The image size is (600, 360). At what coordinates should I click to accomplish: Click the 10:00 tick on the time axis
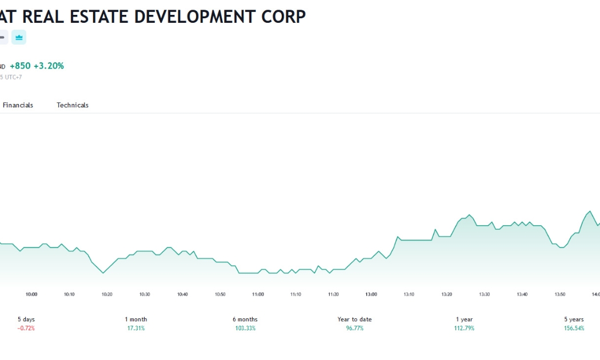[x=31, y=294]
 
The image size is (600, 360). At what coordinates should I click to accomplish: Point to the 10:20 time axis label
[x=107, y=294]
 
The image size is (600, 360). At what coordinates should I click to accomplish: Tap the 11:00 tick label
[x=258, y=294]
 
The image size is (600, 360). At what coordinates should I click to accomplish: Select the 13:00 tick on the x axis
[x=371, y=294]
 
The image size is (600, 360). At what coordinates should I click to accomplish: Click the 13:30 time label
[x=485, y=294]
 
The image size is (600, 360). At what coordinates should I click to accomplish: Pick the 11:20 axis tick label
[x=333, y=294]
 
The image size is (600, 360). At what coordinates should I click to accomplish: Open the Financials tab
[x=18, y=105]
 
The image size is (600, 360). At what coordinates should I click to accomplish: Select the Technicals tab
[x=73, y=105]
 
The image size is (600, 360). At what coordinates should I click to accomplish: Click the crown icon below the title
[x=19, y=37]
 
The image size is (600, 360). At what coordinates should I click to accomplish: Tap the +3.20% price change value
[x=49, y=66]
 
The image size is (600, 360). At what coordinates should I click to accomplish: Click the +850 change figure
[x=20, y=66]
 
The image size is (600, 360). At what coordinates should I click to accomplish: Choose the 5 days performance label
[x=26, y=319]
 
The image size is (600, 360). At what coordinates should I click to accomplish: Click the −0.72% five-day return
[x=26, y=328]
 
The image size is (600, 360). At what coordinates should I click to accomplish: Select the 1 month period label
[x=136, y=319]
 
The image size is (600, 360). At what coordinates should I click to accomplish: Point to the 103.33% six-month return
[x=245, y=328]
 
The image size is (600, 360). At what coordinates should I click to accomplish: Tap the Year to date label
[x=355, y=319]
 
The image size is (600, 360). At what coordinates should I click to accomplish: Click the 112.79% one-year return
[x=464, y=328]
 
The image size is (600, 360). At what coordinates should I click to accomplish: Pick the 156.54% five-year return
[x=574, y=328]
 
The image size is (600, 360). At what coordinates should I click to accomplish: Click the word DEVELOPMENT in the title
[x=195, y=17]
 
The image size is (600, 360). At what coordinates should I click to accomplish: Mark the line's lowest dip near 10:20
[x=103, y=273]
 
